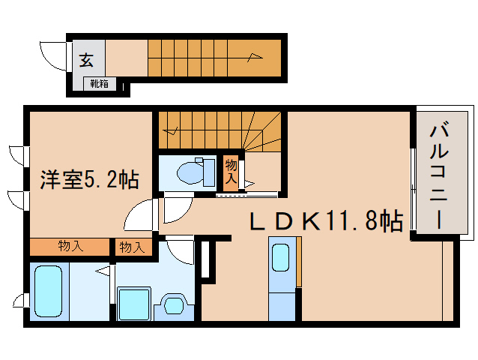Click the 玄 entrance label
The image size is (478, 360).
coord(88,60)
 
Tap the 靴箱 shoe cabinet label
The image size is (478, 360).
coord(99,84)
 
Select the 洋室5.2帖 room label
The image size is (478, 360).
coord(88,180)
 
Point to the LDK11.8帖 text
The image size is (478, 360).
coord(325,220)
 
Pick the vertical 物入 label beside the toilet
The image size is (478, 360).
coord(231,173)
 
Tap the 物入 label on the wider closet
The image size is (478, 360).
coord(71,247)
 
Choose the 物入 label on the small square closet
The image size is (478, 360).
coord(132,247)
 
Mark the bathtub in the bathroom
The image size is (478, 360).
coord(51,291)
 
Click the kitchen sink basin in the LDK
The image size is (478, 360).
coord(282,258)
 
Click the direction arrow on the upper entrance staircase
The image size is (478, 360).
coord(255,55)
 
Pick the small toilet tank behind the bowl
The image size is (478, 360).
coord(208,172)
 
